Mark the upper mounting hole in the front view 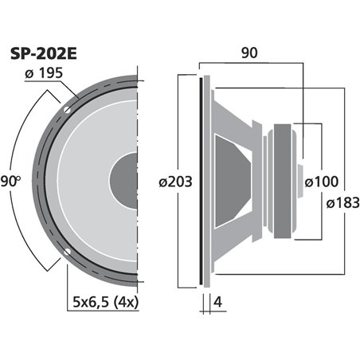[x=70, y=107]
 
